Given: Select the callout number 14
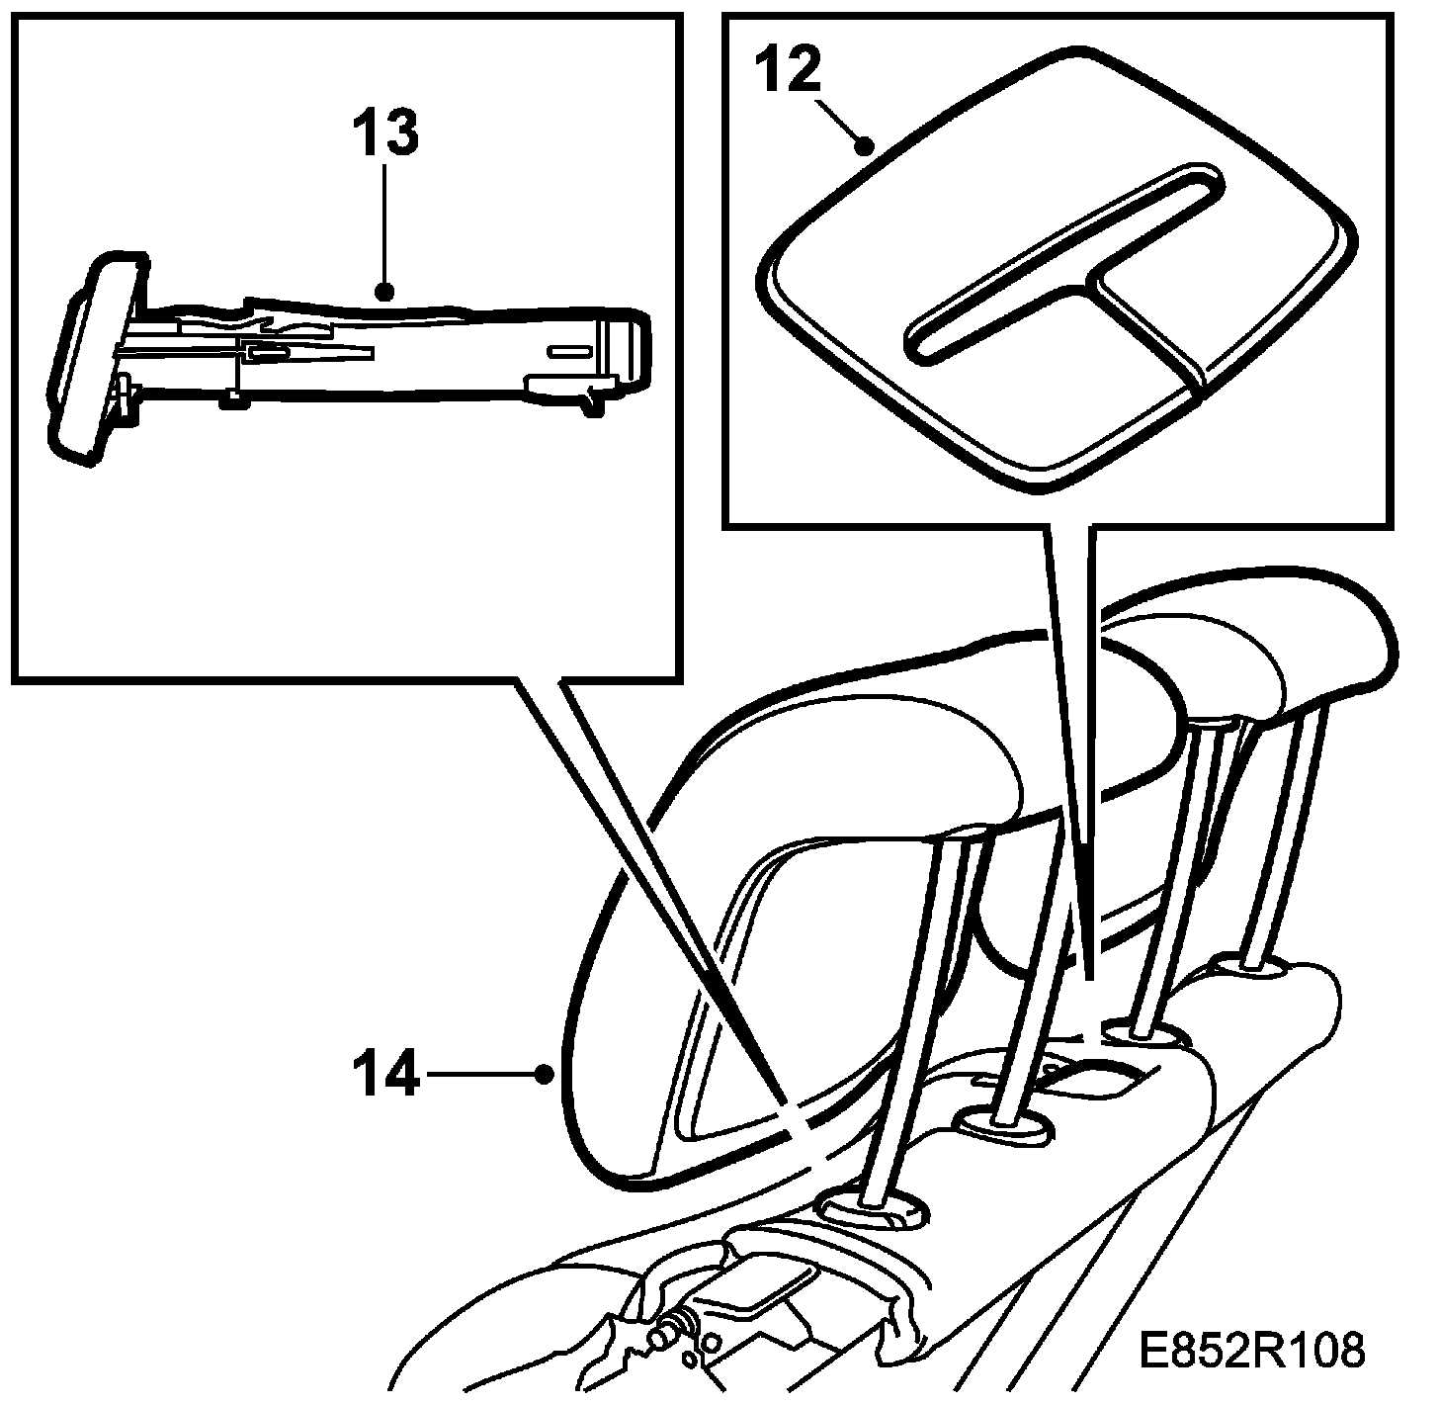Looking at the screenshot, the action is [386, 1075].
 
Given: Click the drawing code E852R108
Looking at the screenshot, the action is [1252, 1350].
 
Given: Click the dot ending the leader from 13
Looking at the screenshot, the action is [385, 292].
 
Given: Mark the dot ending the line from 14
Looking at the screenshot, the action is [542, 1073].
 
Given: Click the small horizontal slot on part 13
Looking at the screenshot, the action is [567, 351].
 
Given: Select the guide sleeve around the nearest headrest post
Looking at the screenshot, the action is [870, 1209].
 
